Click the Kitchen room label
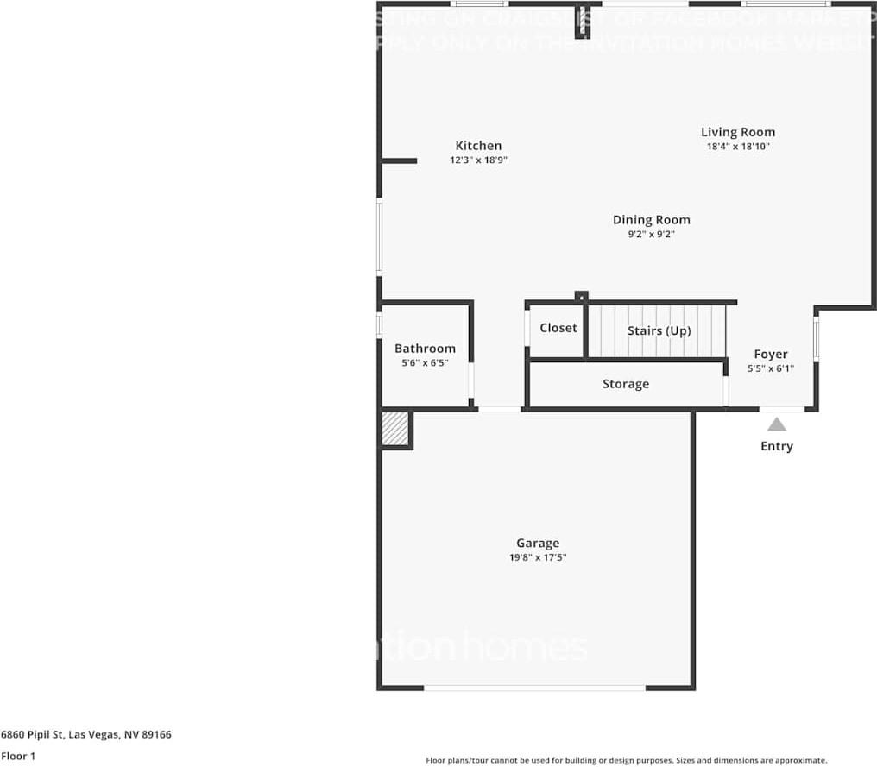[478, 146]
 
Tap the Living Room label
[737, 132]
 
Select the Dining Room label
[651, 220]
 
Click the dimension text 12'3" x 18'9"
[478, 160]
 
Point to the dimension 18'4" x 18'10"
[737, 147]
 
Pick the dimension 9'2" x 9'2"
[651, 234]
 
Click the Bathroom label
[425, 349]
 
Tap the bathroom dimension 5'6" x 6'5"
[425, 363]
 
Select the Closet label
[558, 328]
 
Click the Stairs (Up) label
[659, 330]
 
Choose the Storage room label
[625, 384]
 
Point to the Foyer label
[771, 354]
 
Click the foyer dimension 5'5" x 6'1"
[771, 368]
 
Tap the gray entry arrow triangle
[777, 424]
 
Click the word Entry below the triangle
[777, 446]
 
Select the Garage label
[538, 543]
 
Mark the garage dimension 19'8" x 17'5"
[538, 557]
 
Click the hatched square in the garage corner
[395, 429]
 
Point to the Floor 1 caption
[18, 756]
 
